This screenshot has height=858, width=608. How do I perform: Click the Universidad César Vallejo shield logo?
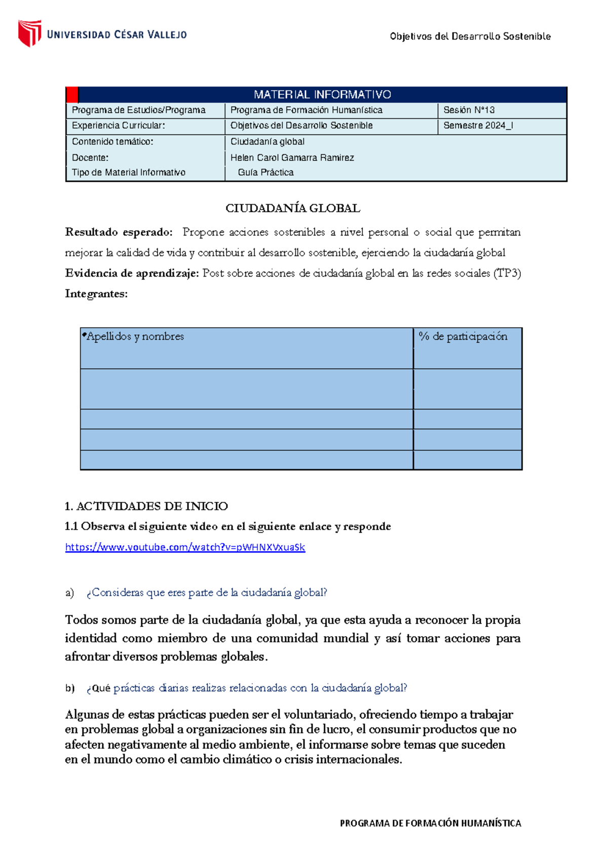pyautogui.click(x=29, y=33)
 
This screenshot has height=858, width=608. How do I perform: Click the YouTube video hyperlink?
pyautogui.click(x=185, y=547)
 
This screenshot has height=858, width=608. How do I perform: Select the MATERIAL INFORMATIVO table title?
pyautogui.click(x=322, y=95)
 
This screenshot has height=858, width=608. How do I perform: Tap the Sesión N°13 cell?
pyautogui.click(x=469, y=110)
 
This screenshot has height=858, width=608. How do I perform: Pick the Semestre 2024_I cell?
pyautogui.click(x=478, y=126)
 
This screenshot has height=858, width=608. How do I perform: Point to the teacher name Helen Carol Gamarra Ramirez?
pyautogui.click(x=292, y=158)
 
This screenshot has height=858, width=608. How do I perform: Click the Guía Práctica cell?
pyautogui.click(x=265, y=172)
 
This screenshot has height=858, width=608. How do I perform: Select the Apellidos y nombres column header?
pyautogui.click(x=135, y=336)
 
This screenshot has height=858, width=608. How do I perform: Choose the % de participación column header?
pyautogui.click(x=463, y=336)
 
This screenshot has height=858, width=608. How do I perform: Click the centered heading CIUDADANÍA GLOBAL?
pyautogui.click(x=293, y=208)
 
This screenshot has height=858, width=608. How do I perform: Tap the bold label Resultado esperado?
pyautogui.click(x=119, y=232)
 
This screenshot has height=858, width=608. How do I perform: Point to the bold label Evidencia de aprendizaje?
pyautogui.click(x=132, y=274)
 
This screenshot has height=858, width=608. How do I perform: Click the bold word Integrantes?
pyautogui.click(x=96, y=294)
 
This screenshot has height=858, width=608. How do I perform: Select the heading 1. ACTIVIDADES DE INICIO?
pyautogui.click(x=146, y=506)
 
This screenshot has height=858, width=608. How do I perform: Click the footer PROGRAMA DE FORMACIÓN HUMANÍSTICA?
pyautogui.click(x=430, y=823)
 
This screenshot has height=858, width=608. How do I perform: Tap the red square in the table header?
pyautogui.click(x=72, y=95)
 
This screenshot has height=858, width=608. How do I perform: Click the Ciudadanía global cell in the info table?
pyautogui.click(x=268, y=142)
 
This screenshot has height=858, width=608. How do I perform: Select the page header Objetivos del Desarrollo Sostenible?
pyautogui.click(x=470, y=36)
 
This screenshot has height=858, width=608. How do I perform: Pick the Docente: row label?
pyautogui.click(x=90, y=158)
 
